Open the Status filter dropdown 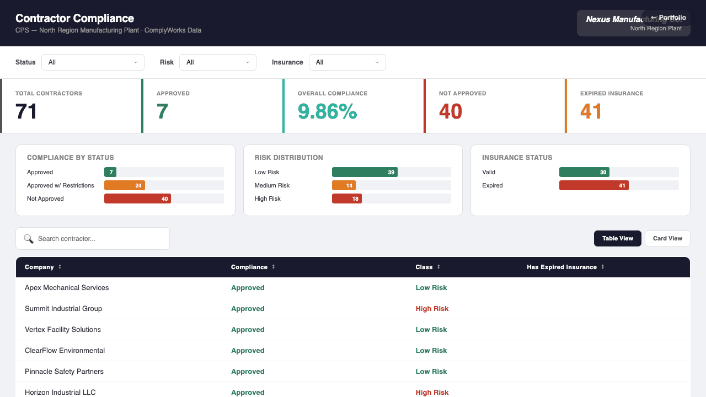pos(93,62)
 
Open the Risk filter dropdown pos(218,62)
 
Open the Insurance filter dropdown pos(347,62)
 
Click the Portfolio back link pos(668,18)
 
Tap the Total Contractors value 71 pos(26,111)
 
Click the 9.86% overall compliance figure pos(327,111)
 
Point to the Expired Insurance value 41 pos(591,111)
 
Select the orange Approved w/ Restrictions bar pos(125,185)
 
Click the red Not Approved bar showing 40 pos(137,198)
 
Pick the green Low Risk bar pos(365,172)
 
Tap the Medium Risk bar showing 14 pos(344,185)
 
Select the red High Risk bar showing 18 pos(346,198)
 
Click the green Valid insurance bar pos(584,172)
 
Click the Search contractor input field pos(99,239)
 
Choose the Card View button pos(667,238)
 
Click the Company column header pos(40,267)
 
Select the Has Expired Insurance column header pos(561,267)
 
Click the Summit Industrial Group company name pos(63,309)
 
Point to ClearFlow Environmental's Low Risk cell pos(431,351)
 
